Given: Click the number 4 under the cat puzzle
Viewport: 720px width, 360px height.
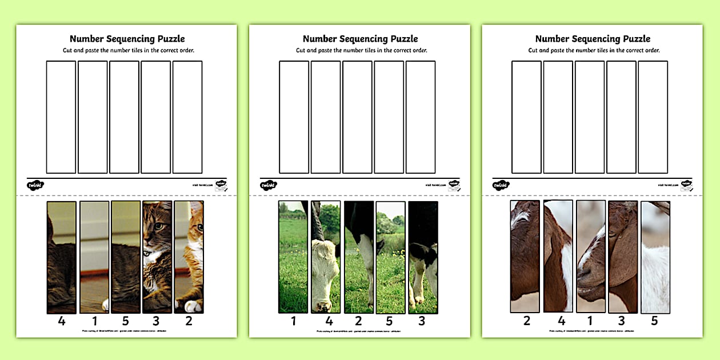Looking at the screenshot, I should [62, 321].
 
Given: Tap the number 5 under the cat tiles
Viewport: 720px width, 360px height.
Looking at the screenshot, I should [125, 321].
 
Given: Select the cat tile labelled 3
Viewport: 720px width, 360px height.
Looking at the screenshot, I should [157, 257].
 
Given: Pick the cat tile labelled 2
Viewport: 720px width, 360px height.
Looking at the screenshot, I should [189, 257].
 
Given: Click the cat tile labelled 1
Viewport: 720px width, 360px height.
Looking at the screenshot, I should [94, 257].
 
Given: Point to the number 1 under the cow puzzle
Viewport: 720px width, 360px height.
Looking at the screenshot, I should [294, 321].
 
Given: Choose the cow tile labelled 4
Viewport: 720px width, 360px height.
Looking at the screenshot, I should [326, 257].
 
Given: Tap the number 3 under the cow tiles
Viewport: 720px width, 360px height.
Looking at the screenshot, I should [422, 321].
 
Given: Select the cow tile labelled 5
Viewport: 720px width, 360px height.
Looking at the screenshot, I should [390, 257].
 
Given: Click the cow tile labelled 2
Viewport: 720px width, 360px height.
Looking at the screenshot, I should [358, 257].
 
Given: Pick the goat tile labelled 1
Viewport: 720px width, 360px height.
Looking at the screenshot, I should [590, 257].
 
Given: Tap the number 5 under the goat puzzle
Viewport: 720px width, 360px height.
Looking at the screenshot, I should [654, 321].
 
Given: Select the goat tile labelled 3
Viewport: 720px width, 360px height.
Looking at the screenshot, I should [622, 257].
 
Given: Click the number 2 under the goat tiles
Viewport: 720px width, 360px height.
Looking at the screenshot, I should [526, 321].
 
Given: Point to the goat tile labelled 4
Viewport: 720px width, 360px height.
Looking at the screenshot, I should [558, 257].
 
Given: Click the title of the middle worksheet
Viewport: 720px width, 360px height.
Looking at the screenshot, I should [360, 39].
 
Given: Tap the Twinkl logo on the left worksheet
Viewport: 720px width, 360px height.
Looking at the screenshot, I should [35, 185].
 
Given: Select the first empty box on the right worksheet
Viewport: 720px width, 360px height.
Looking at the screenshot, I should [526, 117].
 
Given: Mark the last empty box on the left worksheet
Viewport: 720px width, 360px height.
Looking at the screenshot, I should [187, 117].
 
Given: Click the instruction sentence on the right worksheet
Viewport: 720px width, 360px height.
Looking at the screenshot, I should [594, 50].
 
